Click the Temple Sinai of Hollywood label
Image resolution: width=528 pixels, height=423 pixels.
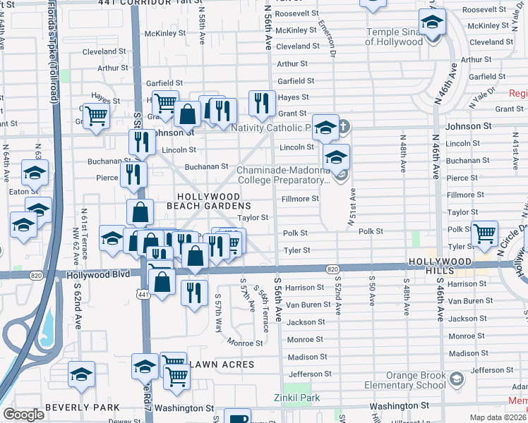[394, 37]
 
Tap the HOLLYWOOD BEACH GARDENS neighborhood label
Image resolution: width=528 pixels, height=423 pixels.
[208, 201]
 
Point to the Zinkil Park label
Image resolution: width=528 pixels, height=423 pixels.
[296, 398]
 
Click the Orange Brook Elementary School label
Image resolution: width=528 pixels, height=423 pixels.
[404, 381]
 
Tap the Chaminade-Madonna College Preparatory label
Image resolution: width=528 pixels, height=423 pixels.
[282, 175]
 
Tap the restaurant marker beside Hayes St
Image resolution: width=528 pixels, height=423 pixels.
[262, 103]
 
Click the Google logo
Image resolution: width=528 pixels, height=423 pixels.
[23, 415]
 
